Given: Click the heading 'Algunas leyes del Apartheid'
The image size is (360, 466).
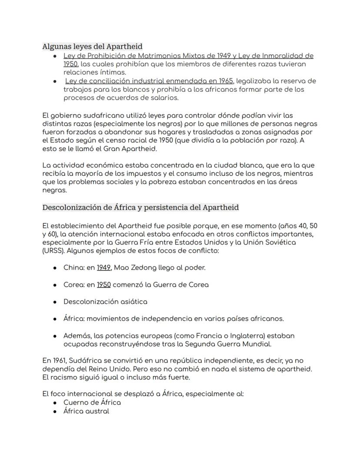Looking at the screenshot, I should (x=92, y=46).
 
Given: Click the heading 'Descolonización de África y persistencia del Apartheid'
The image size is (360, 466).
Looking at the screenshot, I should (x=140, y=207).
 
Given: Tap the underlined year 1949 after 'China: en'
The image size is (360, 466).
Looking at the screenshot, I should (x=103, y=268).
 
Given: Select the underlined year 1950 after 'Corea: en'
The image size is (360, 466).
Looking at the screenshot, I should (x=103, y=285).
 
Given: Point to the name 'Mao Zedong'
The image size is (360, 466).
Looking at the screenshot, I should (x=133, y=268).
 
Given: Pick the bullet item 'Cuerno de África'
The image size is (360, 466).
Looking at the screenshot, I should (x=92, y=402).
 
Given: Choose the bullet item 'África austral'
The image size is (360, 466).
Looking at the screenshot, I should (x=86, y=411).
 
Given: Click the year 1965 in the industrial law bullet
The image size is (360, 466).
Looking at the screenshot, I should (x=226, y=81).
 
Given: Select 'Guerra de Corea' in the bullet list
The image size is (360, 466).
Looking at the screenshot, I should (x=183, y=285).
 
